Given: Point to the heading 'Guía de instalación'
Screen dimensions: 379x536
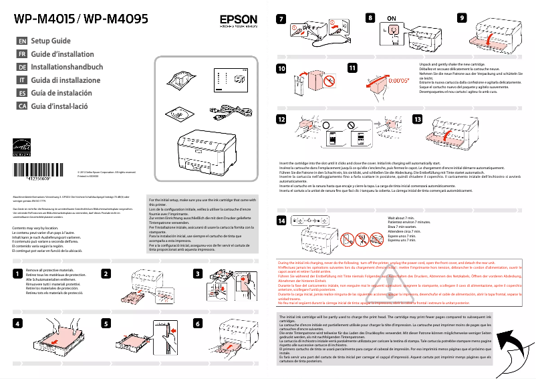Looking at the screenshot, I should [x=61, y=93].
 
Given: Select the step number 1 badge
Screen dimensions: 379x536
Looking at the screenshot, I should [x=16, y=274].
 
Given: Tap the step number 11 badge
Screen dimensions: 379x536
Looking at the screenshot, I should [x=352, y=68].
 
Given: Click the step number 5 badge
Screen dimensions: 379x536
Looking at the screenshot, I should [x=106, y=323].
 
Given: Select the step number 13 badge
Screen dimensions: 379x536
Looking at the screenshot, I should [x=418, y=119].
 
